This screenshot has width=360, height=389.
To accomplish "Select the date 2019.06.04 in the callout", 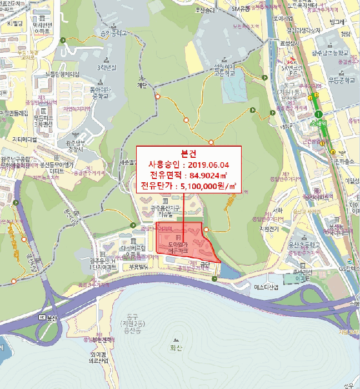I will (x=208, y=165).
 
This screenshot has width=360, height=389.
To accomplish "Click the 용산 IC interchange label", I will (x=49, y=317).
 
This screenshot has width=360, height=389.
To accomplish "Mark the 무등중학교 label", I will (x=341, y=79).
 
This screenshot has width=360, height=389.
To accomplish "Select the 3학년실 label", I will (x=106, y=67).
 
